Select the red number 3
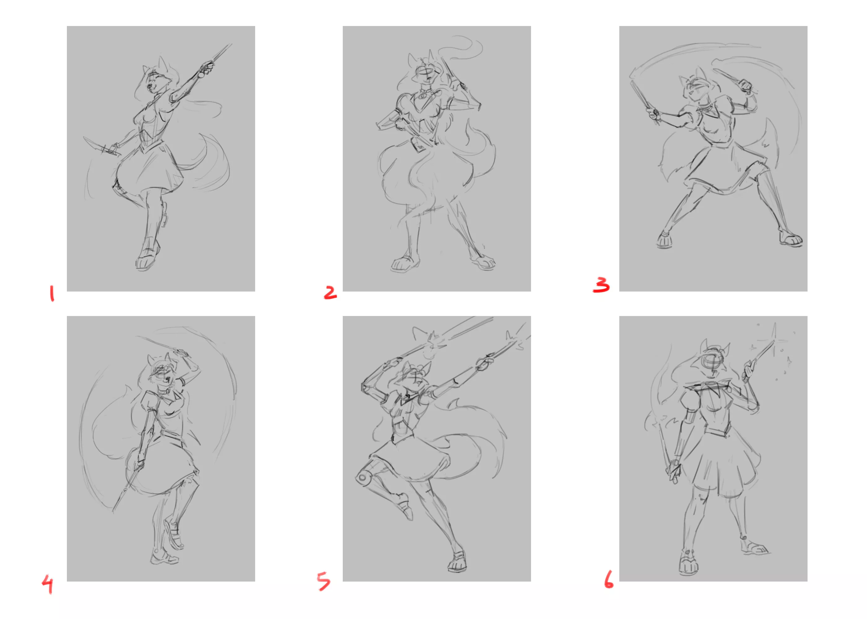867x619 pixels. click(x=601, y=285)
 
